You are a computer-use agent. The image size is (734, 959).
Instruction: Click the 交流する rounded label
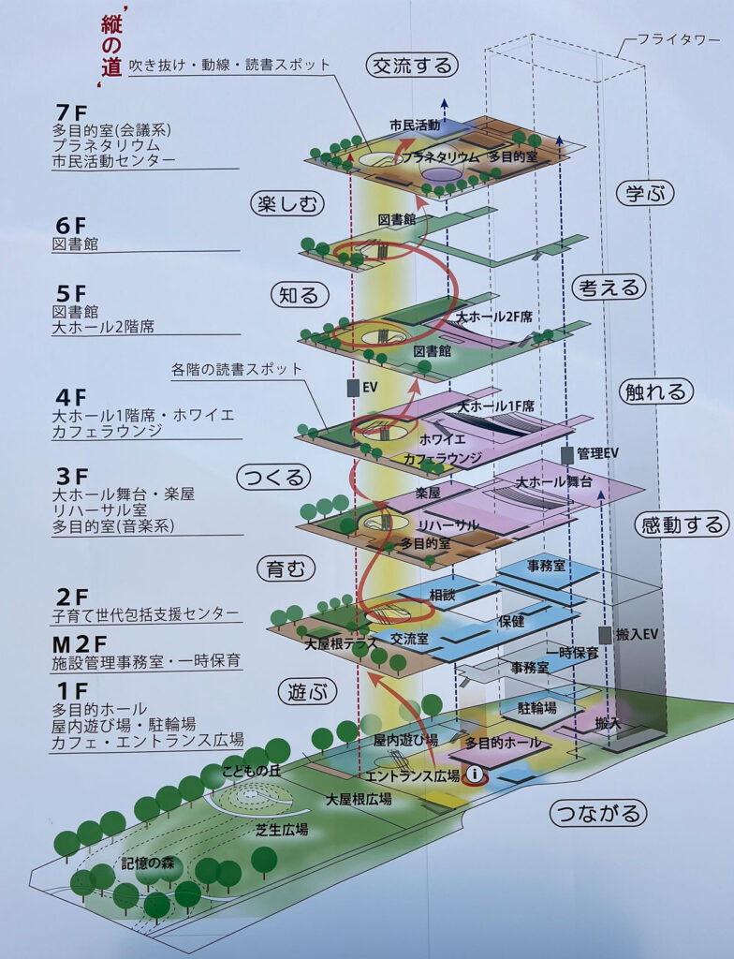coord(412,66)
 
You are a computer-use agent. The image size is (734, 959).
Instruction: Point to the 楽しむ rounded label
coord(286,203)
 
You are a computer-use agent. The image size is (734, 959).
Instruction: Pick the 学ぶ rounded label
coord(645,194)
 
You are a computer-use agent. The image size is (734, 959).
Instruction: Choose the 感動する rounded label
coord(682,524)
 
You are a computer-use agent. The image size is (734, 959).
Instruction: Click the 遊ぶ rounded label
coord(306,692)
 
